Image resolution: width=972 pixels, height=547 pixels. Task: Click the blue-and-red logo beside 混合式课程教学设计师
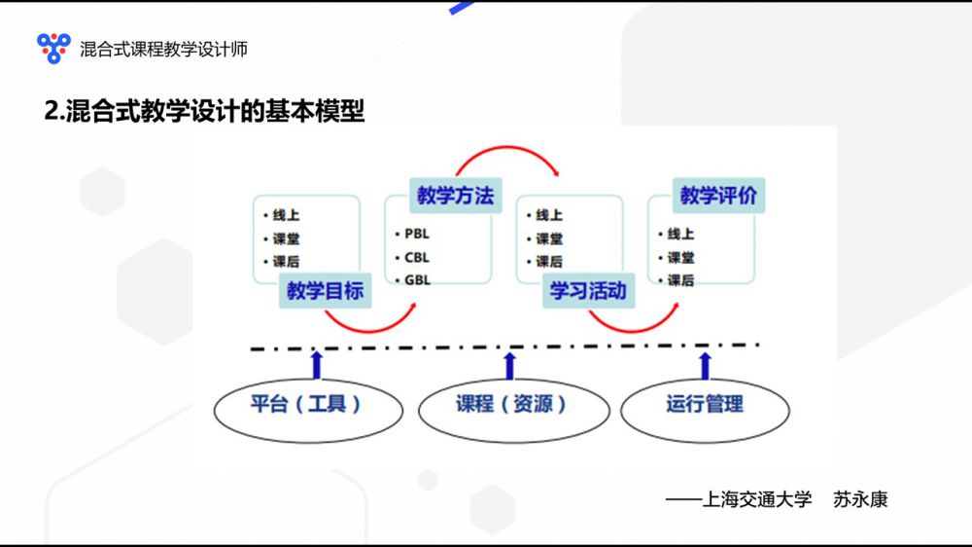(53, 47)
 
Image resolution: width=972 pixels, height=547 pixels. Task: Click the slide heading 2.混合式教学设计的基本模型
(205, 111)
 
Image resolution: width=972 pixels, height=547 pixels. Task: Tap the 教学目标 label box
(325, 290)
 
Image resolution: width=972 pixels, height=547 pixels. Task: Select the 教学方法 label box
(455, 195)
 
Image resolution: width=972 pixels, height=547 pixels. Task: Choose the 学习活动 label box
(588, 290)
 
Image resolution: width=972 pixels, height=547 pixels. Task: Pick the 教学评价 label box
(717, 195)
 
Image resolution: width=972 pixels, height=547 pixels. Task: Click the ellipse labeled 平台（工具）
(307, 404)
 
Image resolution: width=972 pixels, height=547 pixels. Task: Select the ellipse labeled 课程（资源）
(512, 404)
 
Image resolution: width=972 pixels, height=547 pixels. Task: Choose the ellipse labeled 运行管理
(705, 404)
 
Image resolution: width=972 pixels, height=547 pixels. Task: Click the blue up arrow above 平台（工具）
(316, 364)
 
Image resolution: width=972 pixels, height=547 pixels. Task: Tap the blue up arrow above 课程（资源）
(510, 364)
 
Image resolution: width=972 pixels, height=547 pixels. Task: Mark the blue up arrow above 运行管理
(706, 364)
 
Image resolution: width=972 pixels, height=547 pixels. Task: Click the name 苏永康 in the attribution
(860, 500)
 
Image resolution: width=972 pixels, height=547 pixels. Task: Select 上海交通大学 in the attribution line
(756, 500)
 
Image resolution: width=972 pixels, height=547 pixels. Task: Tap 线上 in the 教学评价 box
(680, 234)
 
